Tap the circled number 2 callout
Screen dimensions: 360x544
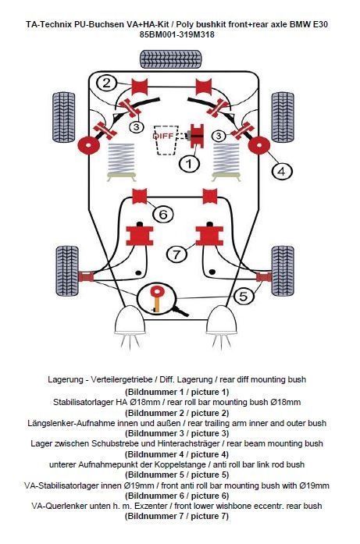107,83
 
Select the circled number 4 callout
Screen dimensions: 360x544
282,171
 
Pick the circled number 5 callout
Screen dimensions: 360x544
244,297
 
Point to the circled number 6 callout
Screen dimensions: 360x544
162,214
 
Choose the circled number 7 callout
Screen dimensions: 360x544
176,254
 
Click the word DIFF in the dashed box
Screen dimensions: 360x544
163,136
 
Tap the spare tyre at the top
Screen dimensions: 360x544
171,59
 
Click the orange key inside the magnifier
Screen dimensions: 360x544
157,298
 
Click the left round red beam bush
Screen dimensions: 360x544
87,146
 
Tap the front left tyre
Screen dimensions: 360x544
67,271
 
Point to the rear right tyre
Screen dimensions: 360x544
283,117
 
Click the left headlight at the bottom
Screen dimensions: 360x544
130,320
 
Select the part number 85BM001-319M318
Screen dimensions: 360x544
177,34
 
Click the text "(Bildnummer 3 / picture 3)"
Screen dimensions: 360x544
177,433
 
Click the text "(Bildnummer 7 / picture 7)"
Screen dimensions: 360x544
177,516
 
